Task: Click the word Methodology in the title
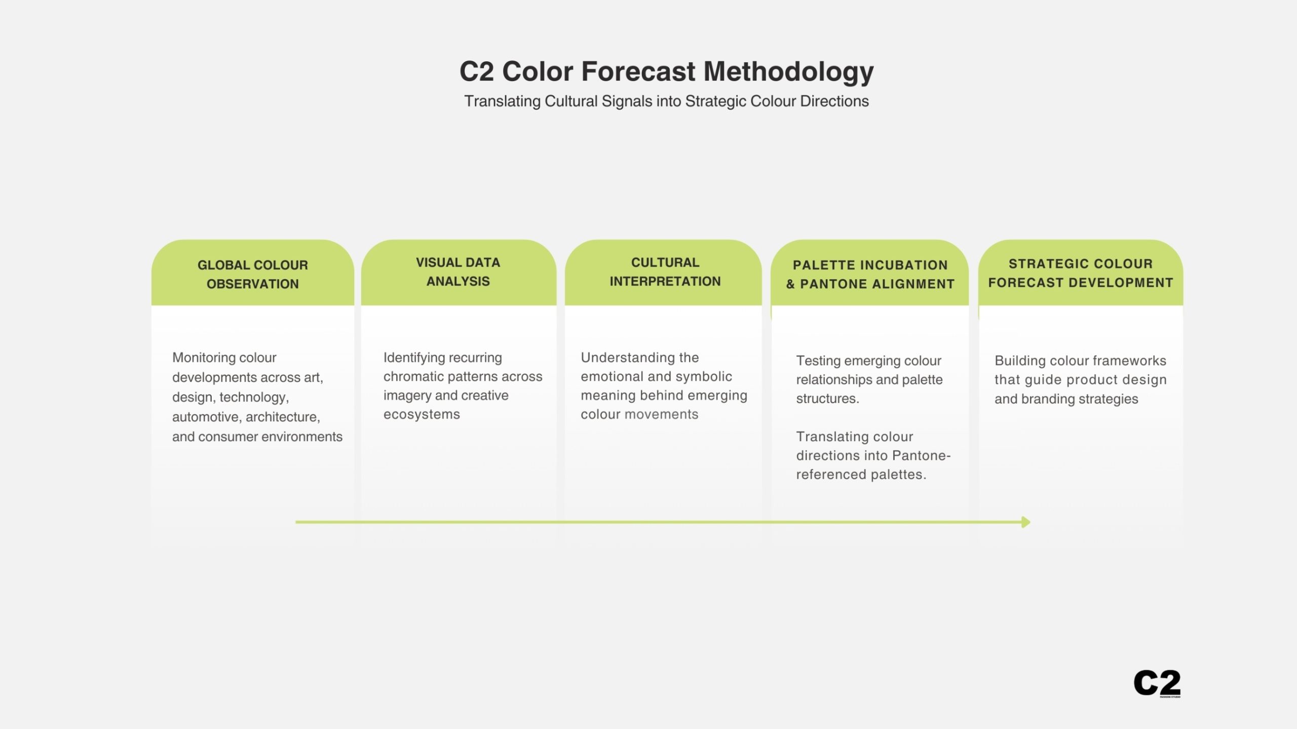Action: (x=789, y=72)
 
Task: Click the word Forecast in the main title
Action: (x=638, y=71)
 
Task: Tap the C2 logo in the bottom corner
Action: (x=1157, y=683)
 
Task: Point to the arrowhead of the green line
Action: (x=1026, y=522)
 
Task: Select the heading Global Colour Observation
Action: (x=253, y=274)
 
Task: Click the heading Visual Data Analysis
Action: (x=458, y=272)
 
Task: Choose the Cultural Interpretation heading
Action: (x=665, y=272)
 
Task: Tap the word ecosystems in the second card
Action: (x=422, y=415)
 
